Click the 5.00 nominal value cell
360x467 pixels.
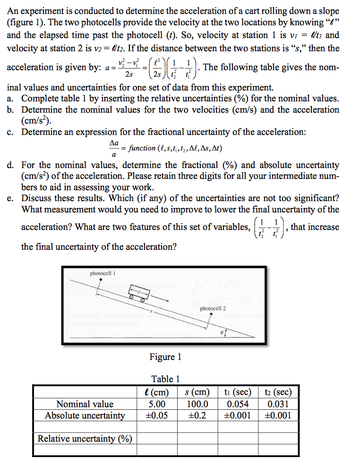click(157, 404)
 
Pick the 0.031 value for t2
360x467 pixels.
click(278, 404)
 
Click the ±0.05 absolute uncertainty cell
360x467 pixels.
click(157, 415)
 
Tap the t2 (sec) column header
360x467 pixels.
click(278, 392)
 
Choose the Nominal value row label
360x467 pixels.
click(85, 404)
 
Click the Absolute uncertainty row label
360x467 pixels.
click(85, 415)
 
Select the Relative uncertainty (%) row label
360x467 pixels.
click(85, 439)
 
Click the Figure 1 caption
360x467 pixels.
click(165, 357)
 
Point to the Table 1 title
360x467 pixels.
click(165, 379)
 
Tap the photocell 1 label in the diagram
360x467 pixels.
click(103, 273)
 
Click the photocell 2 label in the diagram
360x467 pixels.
click(213, 308)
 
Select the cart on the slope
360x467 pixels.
click(140, 294)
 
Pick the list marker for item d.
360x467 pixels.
click(10, 165)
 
